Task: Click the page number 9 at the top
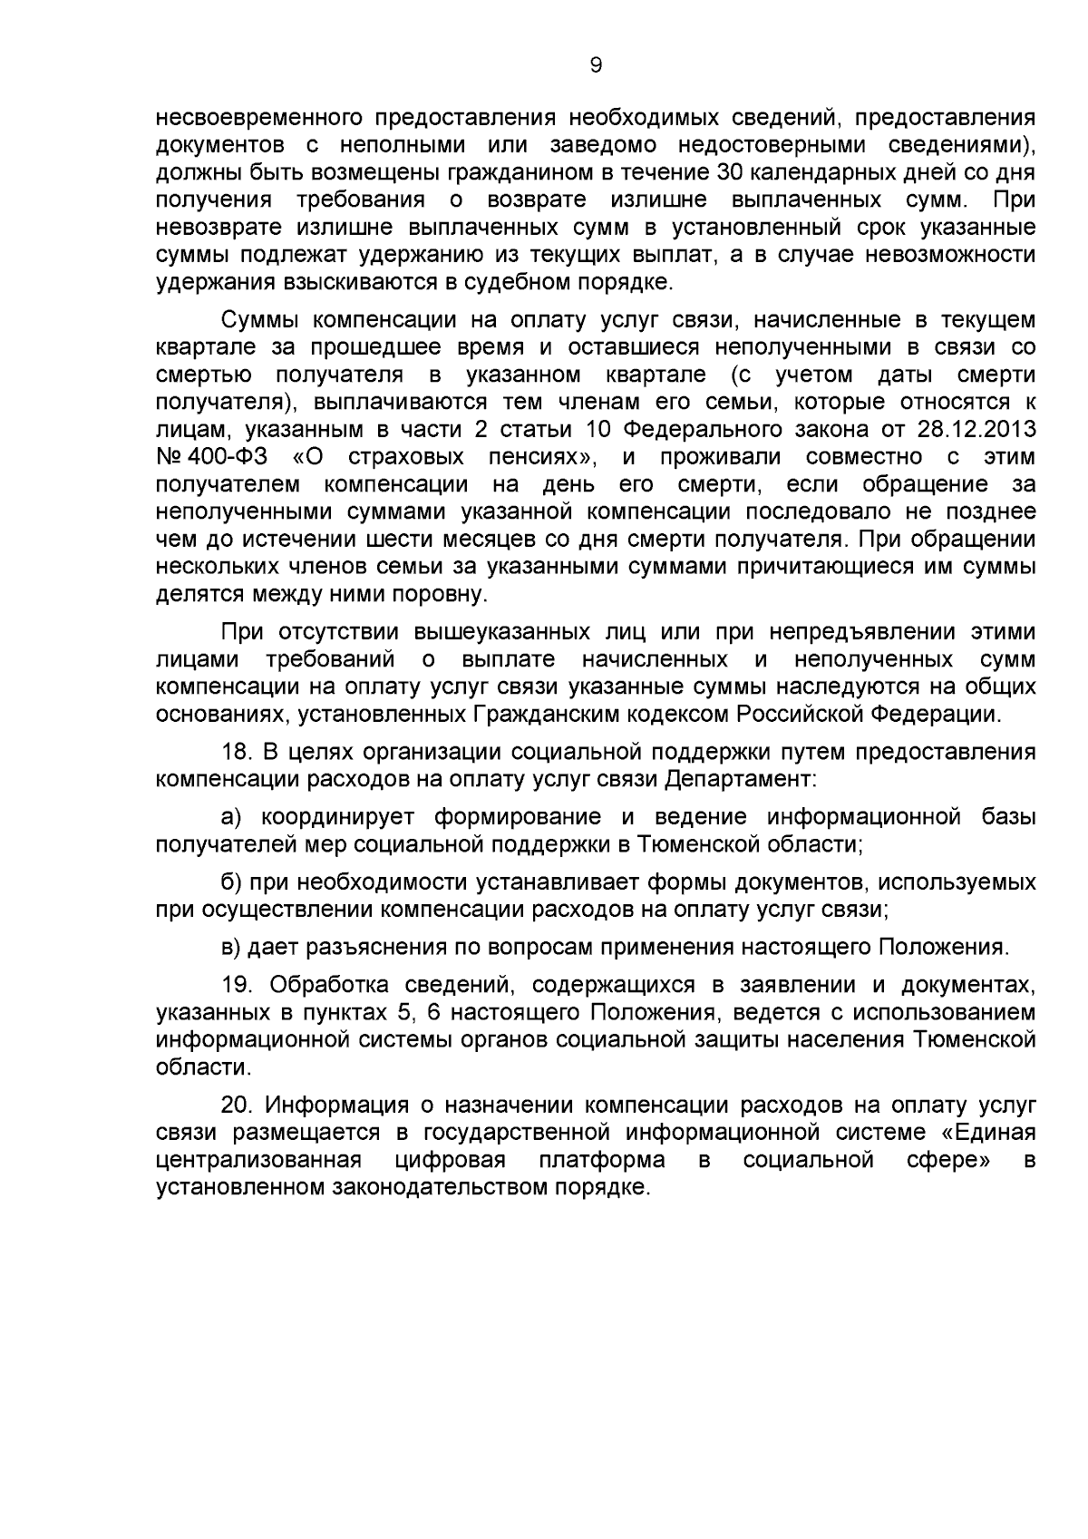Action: point(596,64)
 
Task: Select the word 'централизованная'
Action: point(259,1160)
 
